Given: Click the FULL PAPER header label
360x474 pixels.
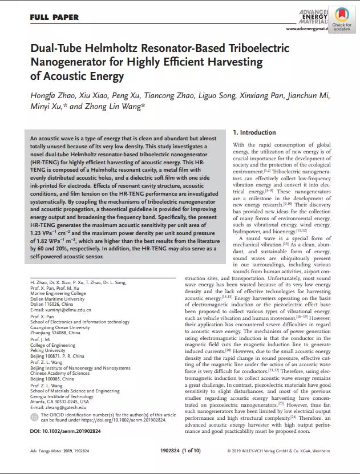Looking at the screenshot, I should pos(54,17).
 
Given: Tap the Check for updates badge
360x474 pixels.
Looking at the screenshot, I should pos(341,18).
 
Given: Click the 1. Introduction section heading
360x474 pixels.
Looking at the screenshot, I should pos(254,132).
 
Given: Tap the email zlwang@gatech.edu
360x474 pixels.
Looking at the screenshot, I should pos(64,408).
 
